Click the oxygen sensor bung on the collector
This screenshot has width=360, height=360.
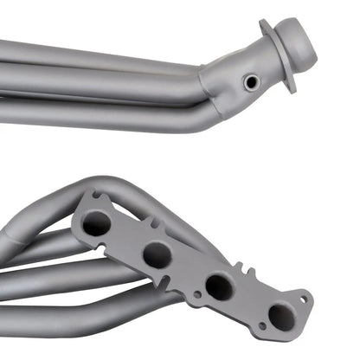[x=251, y=81]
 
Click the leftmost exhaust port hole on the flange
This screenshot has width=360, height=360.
[x=97, y=223]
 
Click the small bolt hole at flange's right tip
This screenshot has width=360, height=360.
[x=304, y=300]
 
